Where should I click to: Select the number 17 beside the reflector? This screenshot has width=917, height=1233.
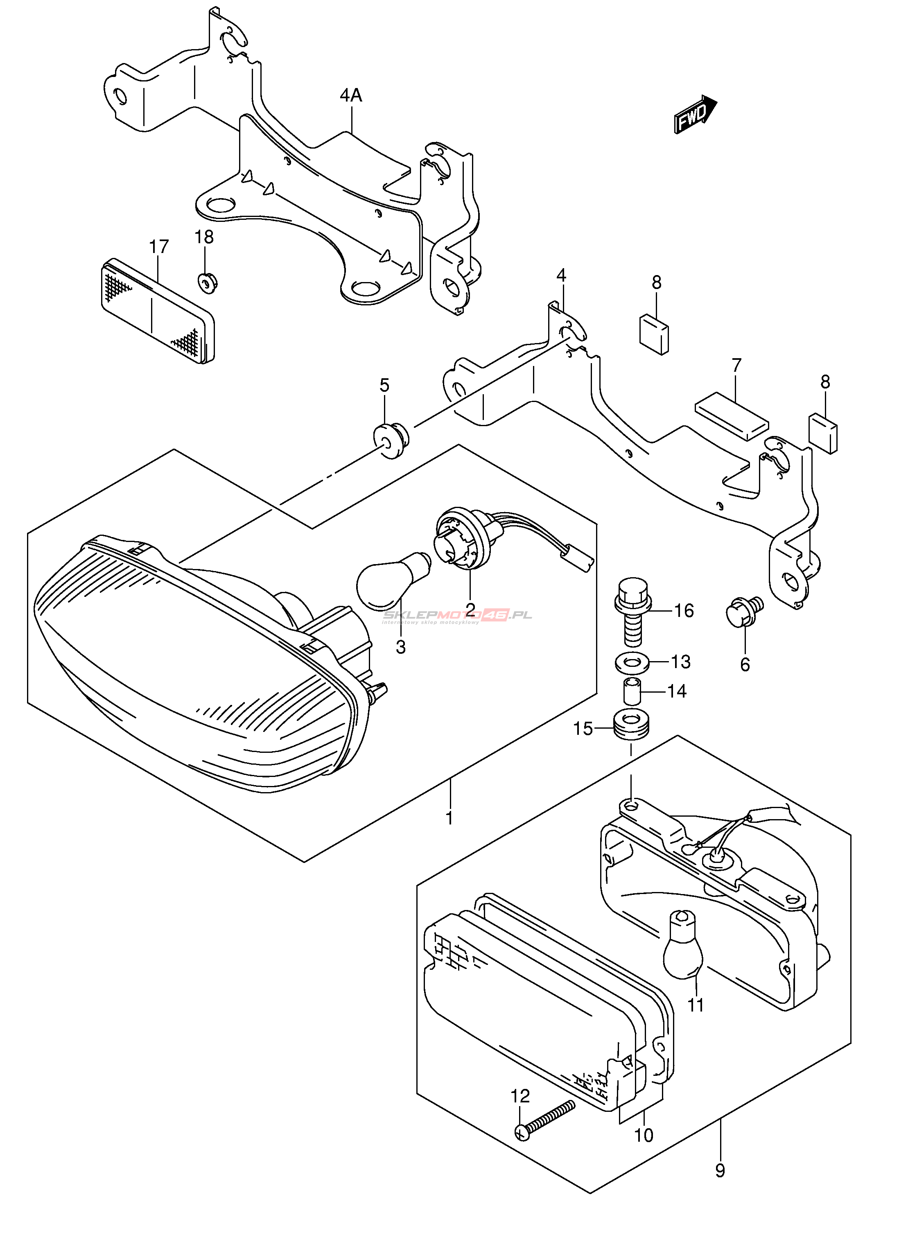click(159, 247)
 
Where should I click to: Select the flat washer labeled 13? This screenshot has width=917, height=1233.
click(628, 662)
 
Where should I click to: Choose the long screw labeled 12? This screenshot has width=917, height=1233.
click(547, 1119)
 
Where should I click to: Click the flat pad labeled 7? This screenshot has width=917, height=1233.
click(732, 417)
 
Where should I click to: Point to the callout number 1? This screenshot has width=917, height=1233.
click(449, 817)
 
